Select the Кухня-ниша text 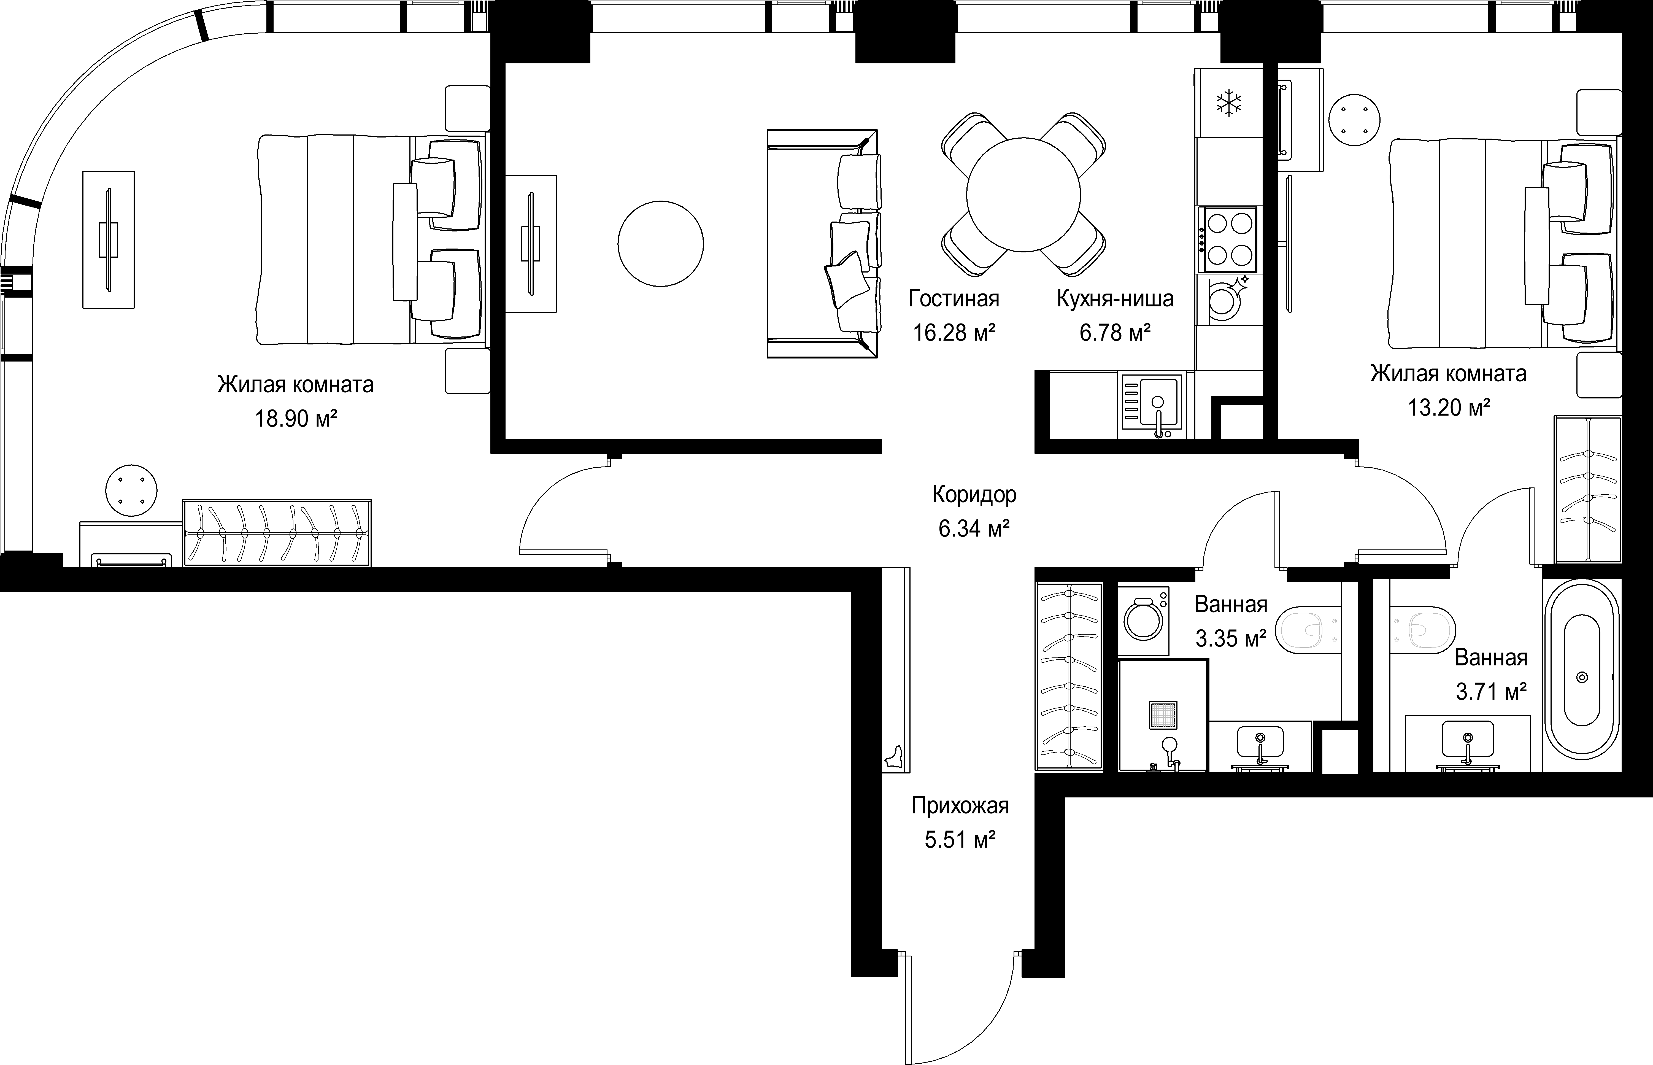(x=1115, y=299)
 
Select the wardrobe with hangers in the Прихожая (x=1069, y=676)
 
